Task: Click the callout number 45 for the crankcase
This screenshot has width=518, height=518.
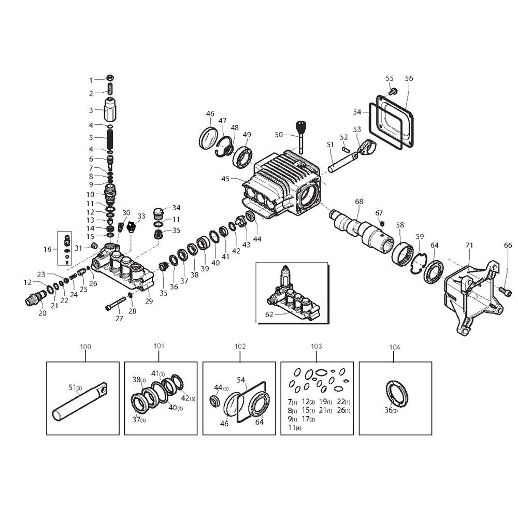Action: point(225,179)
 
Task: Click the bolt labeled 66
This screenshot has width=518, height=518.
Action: point(506,291)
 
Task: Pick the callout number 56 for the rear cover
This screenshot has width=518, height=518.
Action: point(409,78)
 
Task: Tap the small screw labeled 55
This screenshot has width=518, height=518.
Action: point(393,91)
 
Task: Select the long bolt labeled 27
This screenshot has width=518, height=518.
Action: point(116,303)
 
